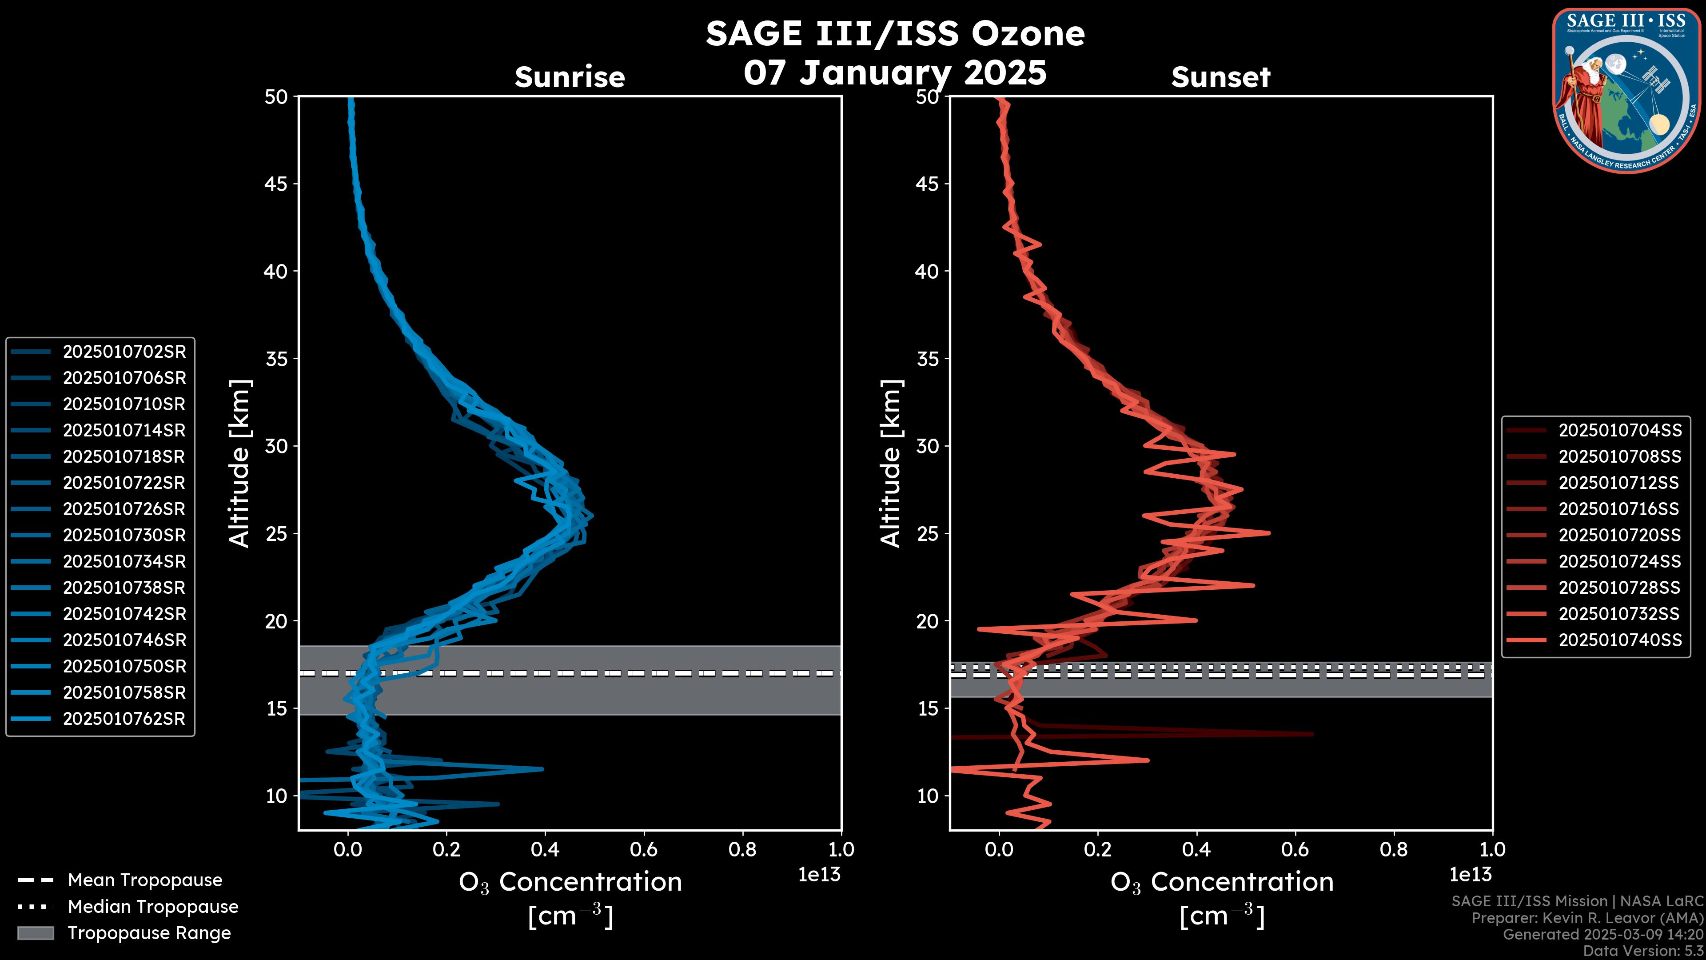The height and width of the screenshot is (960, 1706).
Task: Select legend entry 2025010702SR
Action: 124,352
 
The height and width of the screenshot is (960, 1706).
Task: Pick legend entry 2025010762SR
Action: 124,719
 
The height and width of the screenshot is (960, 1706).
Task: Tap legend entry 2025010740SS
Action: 1619,640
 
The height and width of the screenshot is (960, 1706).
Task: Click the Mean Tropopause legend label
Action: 144,880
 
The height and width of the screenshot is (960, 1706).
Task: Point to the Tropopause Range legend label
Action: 149,933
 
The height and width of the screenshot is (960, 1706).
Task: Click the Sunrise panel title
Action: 570,77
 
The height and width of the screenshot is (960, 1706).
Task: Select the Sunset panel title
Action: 1220,77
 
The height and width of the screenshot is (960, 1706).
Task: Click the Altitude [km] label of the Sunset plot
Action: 891,463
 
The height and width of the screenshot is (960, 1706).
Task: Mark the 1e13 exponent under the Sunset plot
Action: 1470,875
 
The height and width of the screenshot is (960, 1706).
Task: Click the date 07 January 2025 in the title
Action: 895,73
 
